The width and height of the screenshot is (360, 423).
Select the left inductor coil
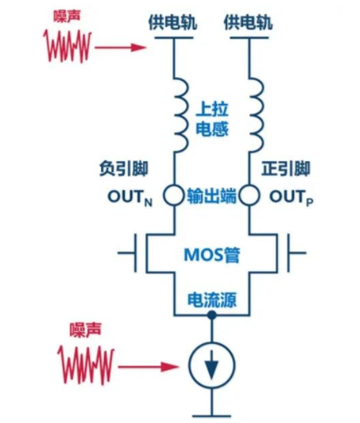click(179, 113)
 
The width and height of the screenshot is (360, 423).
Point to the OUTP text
click(285, 197)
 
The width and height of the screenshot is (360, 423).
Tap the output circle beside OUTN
click(173, 197)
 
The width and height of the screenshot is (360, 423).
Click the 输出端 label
click(211, 197)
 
